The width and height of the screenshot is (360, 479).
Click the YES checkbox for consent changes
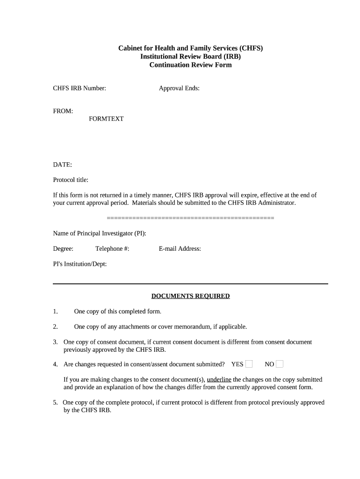pyautogui.click(x=249, y=364)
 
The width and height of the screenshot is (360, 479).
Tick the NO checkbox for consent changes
pyautogui.click(x=280, y=364)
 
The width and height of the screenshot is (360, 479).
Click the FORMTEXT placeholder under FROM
pyautogui.click(x=106, y=119)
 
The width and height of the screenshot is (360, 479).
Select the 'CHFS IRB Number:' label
pyautogui.click(x=79, y=88)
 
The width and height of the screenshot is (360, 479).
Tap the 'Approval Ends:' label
pyautogui.click(x=179, y=88)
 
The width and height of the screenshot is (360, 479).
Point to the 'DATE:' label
pyautogui.click(x=62, y=165)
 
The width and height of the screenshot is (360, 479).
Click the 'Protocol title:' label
pyautogui.click(x=71, y=180)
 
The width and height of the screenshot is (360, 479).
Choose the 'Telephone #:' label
pyautogui.click(x=112, y=249)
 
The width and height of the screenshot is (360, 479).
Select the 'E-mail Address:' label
pyautogui.click(x=180, y=249)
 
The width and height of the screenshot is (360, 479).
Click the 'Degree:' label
pyautogui.click(x=63, y=249)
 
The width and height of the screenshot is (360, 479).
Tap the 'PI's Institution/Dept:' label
pyautogui.click(x=80, y=264)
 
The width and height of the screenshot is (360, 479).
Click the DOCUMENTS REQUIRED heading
pyautogui.click(x=190, y=296)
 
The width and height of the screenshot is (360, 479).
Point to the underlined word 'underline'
pyautogui.click(x=219, y=380)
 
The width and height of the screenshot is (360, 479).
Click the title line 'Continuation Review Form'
pyautogui.click(x=190, y=65)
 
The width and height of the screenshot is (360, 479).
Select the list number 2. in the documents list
pyautogui.click(x=55, y=327)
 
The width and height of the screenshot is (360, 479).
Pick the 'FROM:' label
pyautogui.click(x=63, y=111)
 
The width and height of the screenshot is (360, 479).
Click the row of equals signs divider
pyautogui.click(x=190, y=218)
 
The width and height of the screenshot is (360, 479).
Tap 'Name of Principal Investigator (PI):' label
pyautogui.click(x=100, y=233)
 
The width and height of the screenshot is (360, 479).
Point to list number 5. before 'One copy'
pyautogui.click(x=55, y=403)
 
